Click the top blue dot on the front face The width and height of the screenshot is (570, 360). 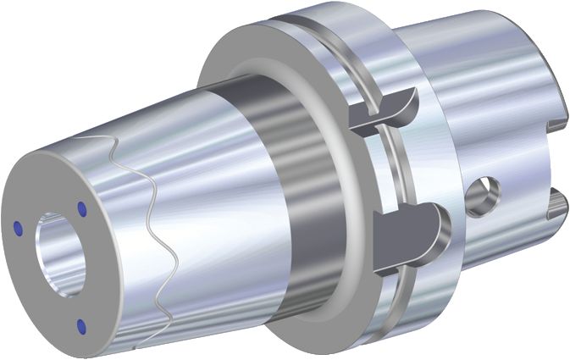tap(82, 207)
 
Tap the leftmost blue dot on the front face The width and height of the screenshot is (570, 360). tap(19, 225)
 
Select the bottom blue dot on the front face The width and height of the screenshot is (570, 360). tap(80, 325)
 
